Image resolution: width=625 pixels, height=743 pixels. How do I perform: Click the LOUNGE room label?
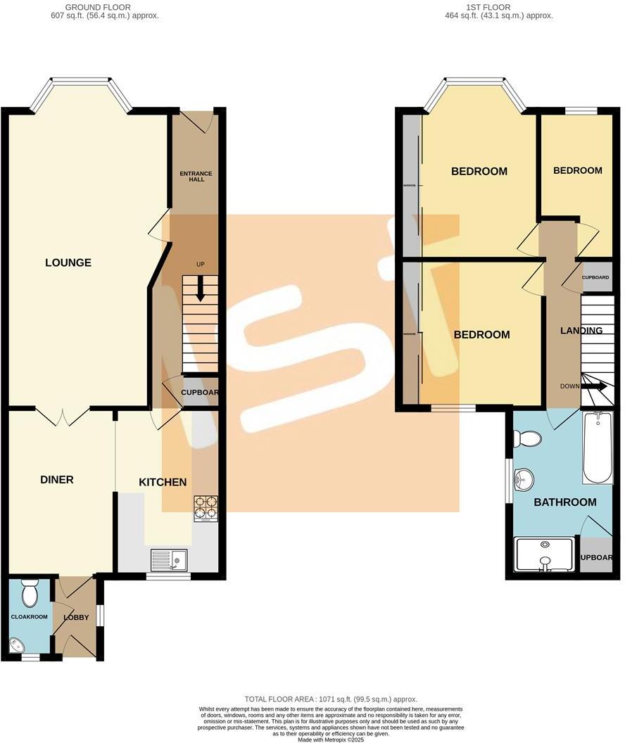[x=68, y=263]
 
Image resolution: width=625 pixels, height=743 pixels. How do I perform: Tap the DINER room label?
[x=56, y=480]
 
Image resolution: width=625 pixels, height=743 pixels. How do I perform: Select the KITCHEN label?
[x=163, y=482]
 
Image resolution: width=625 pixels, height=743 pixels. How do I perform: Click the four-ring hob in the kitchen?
[x=206, y=507]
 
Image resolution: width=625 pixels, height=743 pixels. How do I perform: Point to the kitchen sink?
[x=169, y=559]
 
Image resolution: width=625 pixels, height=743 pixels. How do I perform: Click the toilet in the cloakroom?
[x=30, y=595]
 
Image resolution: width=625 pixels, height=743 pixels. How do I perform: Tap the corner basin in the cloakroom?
[x=18, y=644]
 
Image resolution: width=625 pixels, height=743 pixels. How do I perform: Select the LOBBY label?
[x=77, y=618]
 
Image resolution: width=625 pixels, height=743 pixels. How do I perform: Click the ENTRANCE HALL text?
[x=196, y=176]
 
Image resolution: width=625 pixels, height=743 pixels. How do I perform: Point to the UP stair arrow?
[x=201, y=287]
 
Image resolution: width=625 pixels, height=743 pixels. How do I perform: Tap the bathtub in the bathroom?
[x=598, y=448]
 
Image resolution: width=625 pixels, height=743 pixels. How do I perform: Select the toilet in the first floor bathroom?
[x=528, y=440]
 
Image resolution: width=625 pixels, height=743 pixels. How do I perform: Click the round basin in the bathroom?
[x=524, y=480]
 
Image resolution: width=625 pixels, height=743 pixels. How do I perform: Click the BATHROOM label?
[x=564, y=502]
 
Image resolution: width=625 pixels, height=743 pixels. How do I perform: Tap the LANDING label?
[x=581, y=331]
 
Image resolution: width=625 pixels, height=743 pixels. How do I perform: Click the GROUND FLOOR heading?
[x=98, y=8]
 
